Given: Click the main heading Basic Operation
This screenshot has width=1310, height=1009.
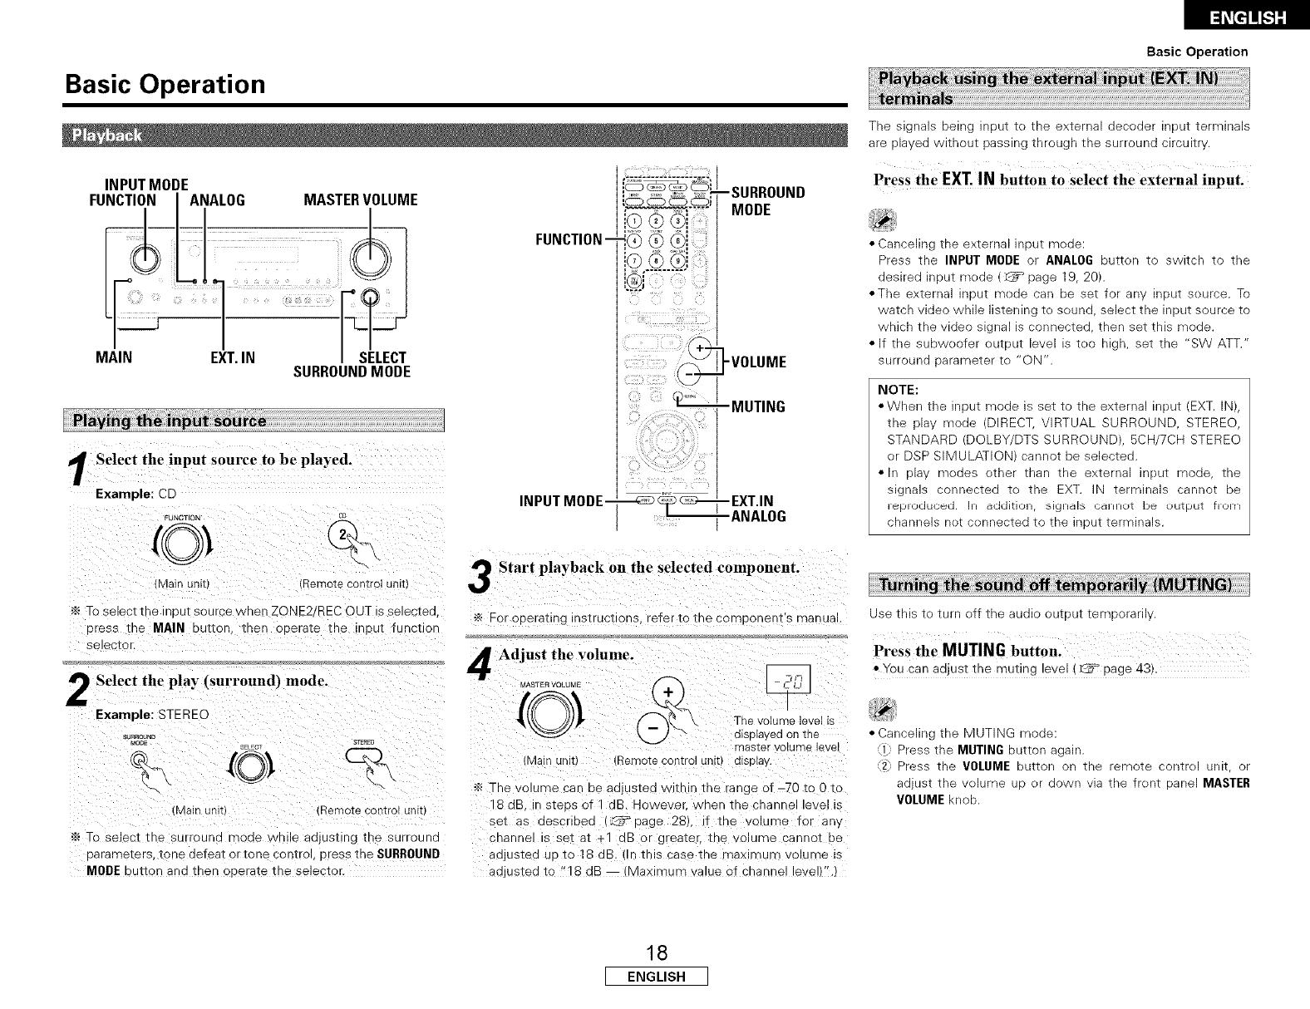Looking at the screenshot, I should tap(165, 85).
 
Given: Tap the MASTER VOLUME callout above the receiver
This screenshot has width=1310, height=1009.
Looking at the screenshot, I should tap(361, 200).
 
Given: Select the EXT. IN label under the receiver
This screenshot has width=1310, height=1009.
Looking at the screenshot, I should tap(232, 358).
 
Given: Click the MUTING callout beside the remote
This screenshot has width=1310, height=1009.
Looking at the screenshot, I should tap(758, 406).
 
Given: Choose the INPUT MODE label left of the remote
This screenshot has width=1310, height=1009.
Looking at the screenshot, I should tap(560, 502).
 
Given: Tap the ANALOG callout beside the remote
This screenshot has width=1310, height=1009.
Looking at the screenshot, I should tap(758, 516).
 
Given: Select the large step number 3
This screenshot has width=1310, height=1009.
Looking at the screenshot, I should tap(479, 579).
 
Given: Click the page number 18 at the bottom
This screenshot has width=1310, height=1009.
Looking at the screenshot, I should tap(655, 952).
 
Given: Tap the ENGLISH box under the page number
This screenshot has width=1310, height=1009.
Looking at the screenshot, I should tap(655, 977).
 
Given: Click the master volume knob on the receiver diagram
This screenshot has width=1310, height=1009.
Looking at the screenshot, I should tap(367, 258).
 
